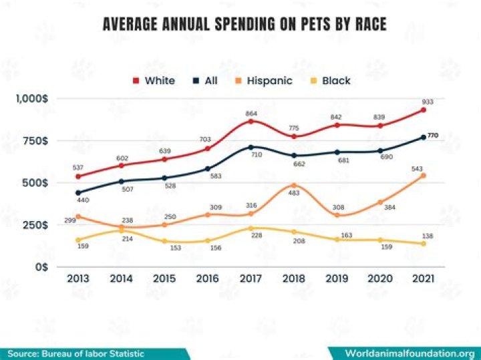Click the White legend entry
pos(153,81)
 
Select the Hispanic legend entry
pos(263,81)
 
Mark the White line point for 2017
pos(251,121)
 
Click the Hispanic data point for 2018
pos(294,185)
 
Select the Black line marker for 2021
pos(423,243)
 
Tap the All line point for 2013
pos(78,192)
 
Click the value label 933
pos(428,101)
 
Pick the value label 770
pos(433,136)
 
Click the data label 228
pos(256,235)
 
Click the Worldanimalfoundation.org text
pos(409,353)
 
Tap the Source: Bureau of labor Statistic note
pos(75,353)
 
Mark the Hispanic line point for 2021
pos(423,176)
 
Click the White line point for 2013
pos(78,176)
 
